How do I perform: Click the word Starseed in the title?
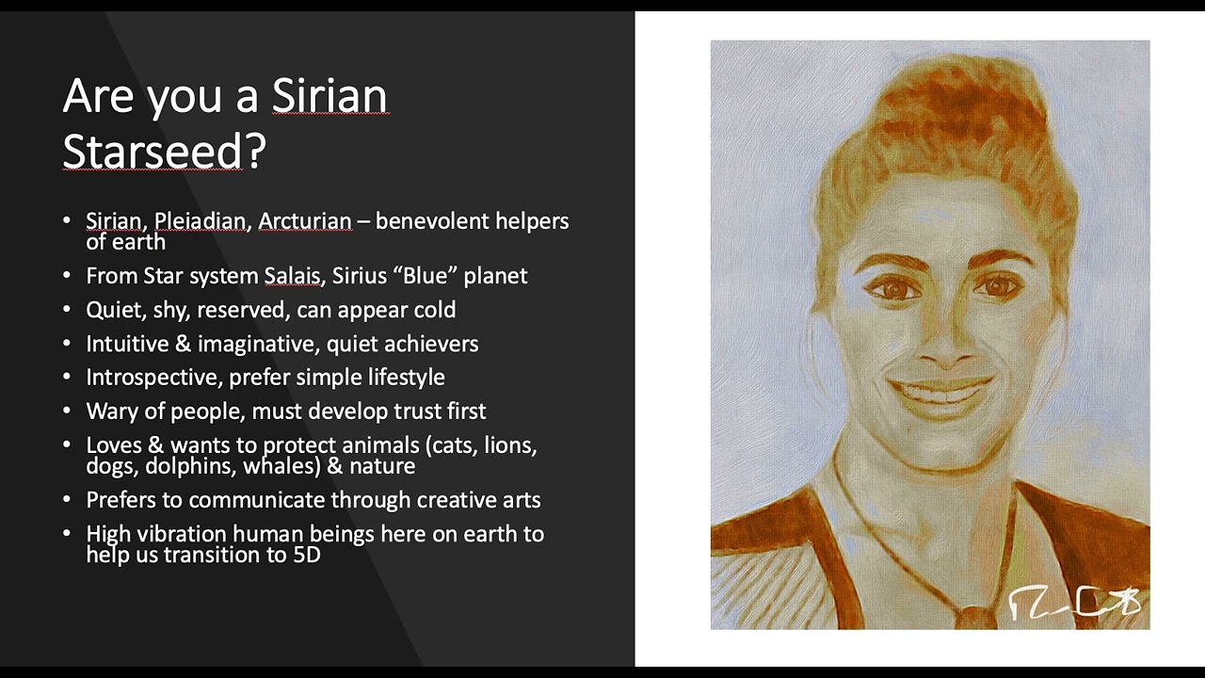point(153,151)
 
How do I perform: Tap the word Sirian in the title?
point(329,96)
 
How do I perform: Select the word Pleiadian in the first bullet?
point(200,221)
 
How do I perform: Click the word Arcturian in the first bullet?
point(304,221)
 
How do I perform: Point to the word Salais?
point(292,276)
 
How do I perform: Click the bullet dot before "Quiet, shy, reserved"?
point(67,310)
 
